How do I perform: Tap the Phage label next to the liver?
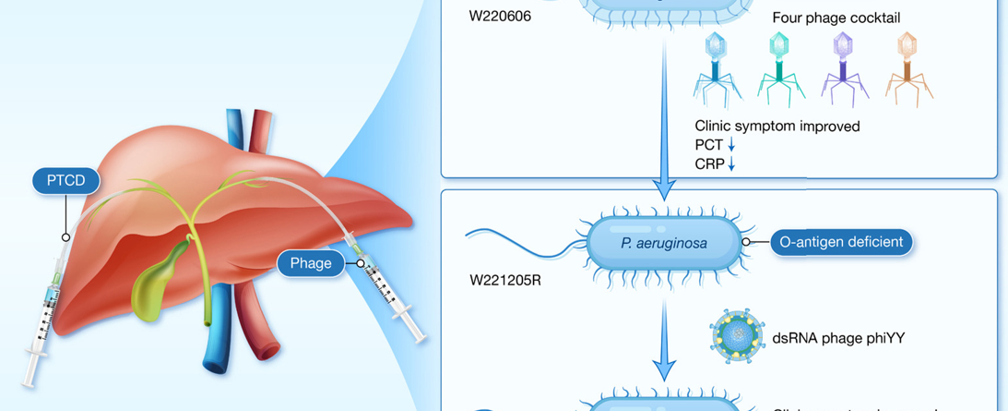click(x=311, y=263)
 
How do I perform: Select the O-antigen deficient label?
click(x=841, y=242)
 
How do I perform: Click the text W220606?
click(x=500, y=16)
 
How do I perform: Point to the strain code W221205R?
click(x=505, y=279)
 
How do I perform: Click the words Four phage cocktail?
click(x=836, y=18)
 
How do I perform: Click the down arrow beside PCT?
click(x=731, y=145)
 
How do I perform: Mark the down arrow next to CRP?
click(x=732, y=163)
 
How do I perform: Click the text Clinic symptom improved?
click(x=777, y=126)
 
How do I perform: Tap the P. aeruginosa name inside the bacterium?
click(x=664, y=244)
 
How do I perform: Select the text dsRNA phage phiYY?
click(x=839, y=338)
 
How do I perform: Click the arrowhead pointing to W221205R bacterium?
click(x=664, y=192)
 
